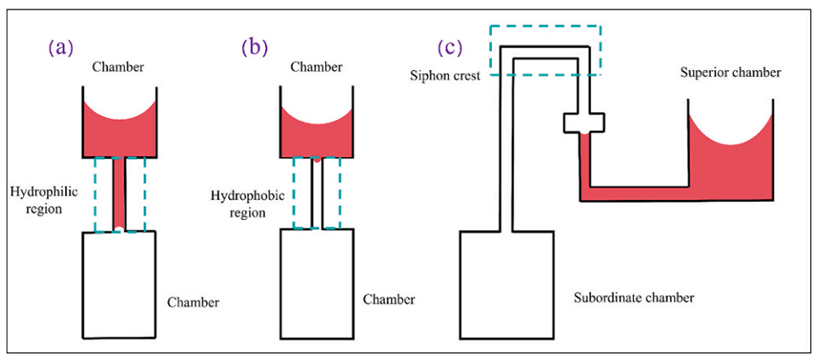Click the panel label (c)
451,48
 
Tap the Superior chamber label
731,73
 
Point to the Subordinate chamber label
633,298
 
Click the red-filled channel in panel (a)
120,192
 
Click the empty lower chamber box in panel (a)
119,282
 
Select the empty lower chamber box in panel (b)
317,282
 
